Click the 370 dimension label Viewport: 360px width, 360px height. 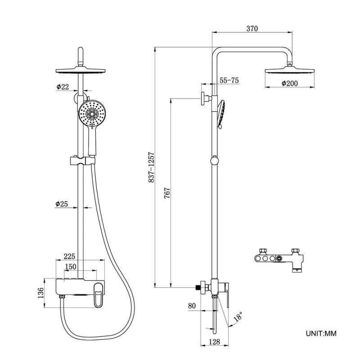252,28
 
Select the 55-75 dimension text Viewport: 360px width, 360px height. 229,81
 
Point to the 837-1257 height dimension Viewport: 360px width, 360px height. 152,167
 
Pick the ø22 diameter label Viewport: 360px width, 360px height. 63,87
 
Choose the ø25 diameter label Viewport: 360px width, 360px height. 62,204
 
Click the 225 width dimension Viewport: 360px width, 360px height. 69,256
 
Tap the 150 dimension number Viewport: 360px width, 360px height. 70,267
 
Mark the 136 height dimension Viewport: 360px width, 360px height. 41,293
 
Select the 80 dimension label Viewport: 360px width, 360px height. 192,306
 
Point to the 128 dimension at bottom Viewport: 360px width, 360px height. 215,342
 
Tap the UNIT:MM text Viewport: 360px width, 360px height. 321,333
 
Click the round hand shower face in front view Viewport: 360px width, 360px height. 92,113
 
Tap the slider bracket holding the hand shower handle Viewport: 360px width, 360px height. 82,160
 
